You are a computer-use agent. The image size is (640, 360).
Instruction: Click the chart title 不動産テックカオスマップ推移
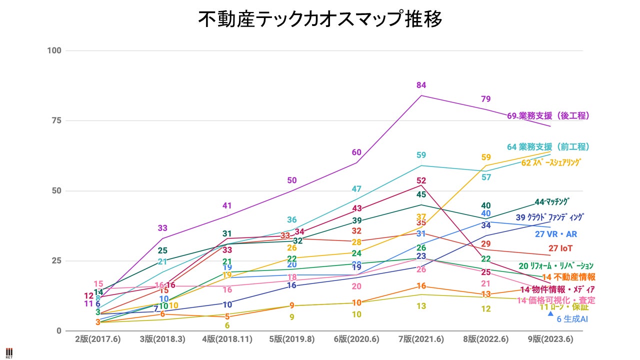click(x=320, y=20)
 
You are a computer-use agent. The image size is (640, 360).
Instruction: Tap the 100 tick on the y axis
click(x=54, y=50)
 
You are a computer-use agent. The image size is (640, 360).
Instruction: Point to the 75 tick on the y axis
click(x=56, y=120)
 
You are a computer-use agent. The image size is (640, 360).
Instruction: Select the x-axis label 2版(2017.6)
click(x=97, y=339)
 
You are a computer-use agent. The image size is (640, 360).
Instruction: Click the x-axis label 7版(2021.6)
click(x=421, y=339)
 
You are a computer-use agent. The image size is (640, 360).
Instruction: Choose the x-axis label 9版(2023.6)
click(x=550, y=339)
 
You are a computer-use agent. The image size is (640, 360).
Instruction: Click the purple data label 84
click(x=421, y=85)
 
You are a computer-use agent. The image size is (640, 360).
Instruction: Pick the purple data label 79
click(x=485, y=99)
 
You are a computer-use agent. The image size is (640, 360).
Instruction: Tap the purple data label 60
click(x=356, y=152)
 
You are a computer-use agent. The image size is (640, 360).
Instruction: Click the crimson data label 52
click(x=421, y=180)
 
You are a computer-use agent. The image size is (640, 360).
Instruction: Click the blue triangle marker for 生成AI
click(x=550, y=313)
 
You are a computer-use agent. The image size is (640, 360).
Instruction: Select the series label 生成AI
click(x=575, y=319)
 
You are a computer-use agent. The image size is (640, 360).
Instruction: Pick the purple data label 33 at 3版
click(x=162, y=228)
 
